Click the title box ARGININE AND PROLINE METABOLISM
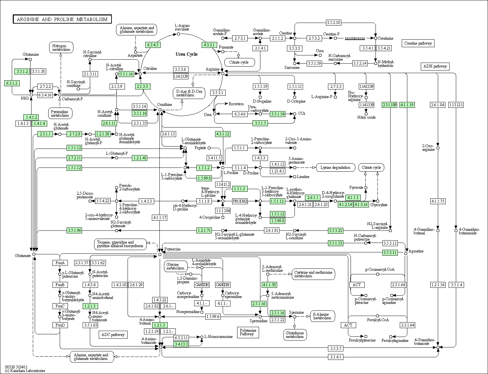[x=62, y=19]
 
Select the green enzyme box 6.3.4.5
[x=153, y=45]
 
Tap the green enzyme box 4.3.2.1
[x=209, y=45]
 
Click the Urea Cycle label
[x=187, y=54]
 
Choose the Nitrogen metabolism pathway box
[x=61, y=48]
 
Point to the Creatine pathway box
[x=418, y=43]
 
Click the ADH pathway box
[x=435, y=66]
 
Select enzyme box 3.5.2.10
[x=334, y=22]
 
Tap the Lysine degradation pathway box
[x=335, y=167]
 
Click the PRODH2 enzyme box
[x=240, y=201]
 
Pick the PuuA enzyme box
[x=60, y=263]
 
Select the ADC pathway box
[x=113, y=335]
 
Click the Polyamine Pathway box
[x=248, y=332]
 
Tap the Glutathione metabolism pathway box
[x=295, y=335]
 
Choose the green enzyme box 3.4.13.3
[x=181, y=344]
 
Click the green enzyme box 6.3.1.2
[x=12, y=83]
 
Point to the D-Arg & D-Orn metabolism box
[x=189, y=93]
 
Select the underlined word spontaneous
[x=355, y=38]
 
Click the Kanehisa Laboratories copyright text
[x=25, y=371]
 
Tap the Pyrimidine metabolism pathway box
[x=60, y=113]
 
